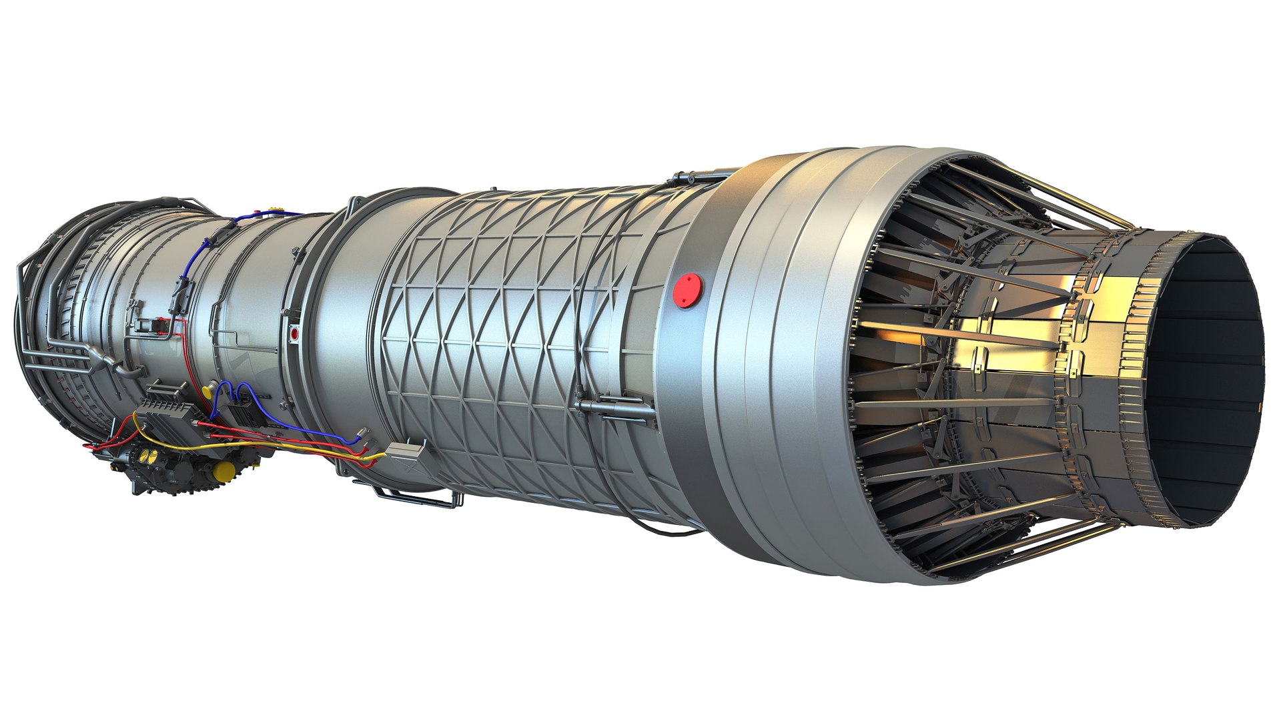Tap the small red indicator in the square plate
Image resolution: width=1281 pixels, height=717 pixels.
pyautogui.click(x=294, y=332)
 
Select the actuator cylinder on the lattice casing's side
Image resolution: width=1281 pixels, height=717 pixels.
pyautogui.click(x=610, y=404)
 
